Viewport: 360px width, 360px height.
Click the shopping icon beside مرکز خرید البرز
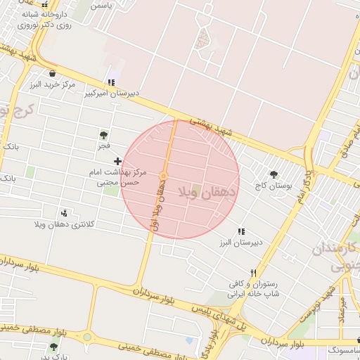pyautogui.click(x=52, y=72)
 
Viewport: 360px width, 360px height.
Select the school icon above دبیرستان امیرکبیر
pyautogui.click(x=111, y=82)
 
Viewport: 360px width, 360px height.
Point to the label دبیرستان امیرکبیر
pyautogui.click(x=112, y=93)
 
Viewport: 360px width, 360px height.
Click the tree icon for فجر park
pyautogui.click(x=103, y=135)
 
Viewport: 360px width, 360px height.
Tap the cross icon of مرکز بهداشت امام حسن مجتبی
pyautogui.click(x=117, y=162)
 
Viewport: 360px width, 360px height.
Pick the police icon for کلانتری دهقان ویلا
pyautogui.click(x=65, y=213)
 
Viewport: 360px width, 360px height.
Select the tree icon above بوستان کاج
pyautogui.click(x=274, y=174)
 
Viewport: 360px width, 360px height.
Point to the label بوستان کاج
pyautogui.click(x=274, y=186)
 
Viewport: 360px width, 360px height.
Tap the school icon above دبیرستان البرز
pyautogui.click(x=241, y=231)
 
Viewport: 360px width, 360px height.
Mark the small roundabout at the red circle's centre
pyautogui.click(x=164, y=176)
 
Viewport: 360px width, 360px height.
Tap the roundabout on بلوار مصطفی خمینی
pyautogui.click(x=86, y=337)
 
